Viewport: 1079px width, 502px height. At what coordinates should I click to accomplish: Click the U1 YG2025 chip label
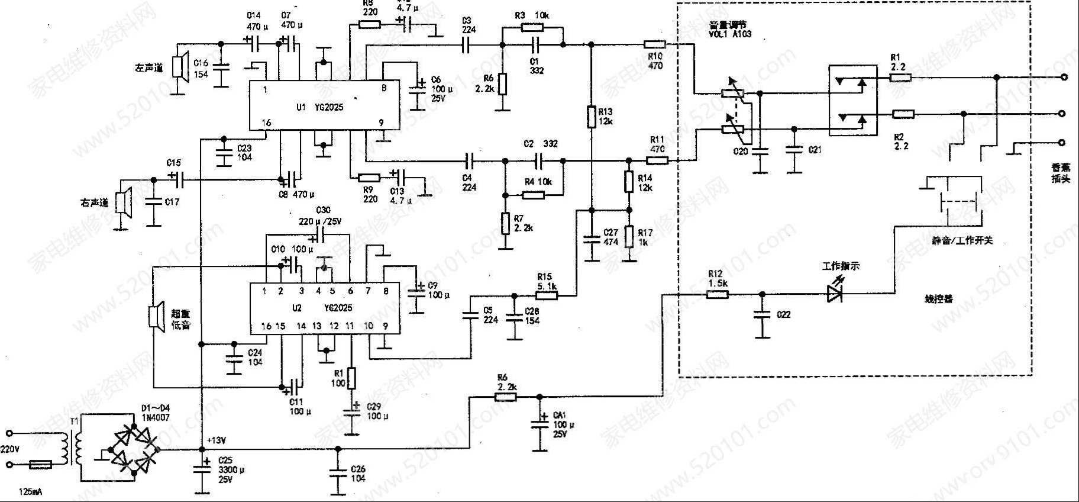pos(319,108)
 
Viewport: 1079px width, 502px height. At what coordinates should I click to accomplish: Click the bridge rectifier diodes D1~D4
pos(135,449)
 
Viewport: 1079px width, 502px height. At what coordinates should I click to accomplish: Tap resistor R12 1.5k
pos(718,294)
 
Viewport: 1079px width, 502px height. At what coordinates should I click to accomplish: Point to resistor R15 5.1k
pos(548,294)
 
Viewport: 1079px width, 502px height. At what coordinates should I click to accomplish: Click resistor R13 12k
pos(590,117)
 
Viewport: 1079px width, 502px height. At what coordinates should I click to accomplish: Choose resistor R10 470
pos(654,44)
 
